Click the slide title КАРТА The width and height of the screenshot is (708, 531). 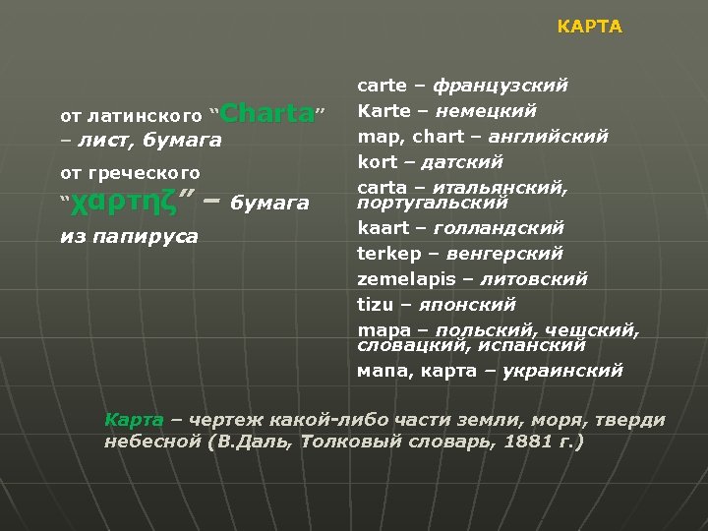[589, 27]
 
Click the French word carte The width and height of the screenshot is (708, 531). [381, 86]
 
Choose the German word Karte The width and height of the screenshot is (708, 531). [382, 110]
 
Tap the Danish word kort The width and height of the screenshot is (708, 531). [378, 161]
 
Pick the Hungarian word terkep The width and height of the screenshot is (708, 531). [387, 254]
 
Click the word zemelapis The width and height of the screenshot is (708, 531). [399, 279]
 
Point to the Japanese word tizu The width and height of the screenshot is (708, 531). [376, 305]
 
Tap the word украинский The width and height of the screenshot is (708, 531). [562, 371]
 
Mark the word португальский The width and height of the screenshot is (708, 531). [432, 203]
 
